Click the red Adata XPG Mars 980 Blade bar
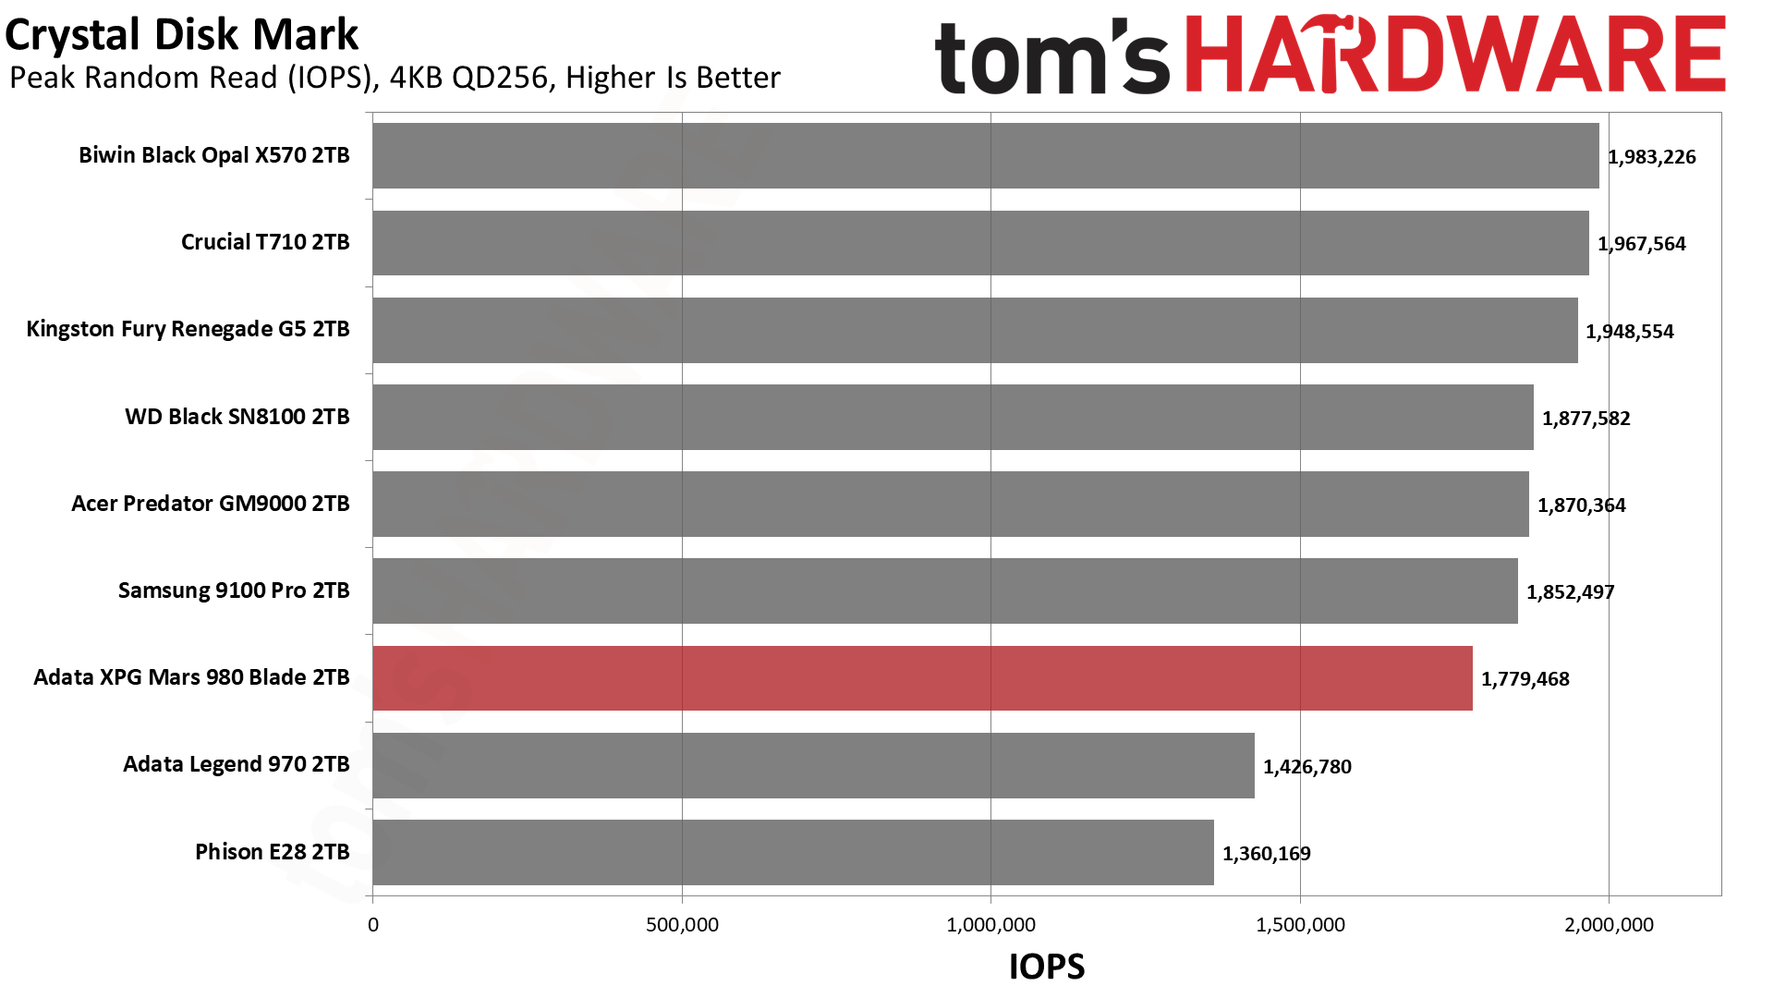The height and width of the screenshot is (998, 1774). point(922,678)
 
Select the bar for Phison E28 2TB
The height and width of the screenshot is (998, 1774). point(793,852)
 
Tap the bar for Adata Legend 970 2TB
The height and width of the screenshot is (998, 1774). point(813,765)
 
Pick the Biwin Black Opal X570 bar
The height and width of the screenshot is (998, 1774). point(985,155)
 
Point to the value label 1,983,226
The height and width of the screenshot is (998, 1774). point(1651,157)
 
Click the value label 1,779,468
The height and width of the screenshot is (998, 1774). point(1525,679)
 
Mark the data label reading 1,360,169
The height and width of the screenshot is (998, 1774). point(1266,854)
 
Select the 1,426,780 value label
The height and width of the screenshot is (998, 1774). point(1306,767)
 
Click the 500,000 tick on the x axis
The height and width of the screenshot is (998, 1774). point(682,925)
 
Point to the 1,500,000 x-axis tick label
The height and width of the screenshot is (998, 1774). point(1300,925)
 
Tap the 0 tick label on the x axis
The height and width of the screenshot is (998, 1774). point(373,925)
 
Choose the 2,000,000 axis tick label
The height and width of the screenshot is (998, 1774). point(1609,925)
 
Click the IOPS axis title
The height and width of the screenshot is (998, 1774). point(1046,967)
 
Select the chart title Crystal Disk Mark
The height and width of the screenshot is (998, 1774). point(182,35)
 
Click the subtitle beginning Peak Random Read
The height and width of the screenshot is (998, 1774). point(395,78)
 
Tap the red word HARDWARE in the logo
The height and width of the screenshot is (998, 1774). point(1454,55)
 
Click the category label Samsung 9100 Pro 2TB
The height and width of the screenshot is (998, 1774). point(234,590)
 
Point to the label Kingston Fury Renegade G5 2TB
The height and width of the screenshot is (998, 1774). point(188,329)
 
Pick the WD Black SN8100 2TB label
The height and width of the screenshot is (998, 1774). point(237,417)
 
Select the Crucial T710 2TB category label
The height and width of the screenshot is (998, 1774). point(265,242)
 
